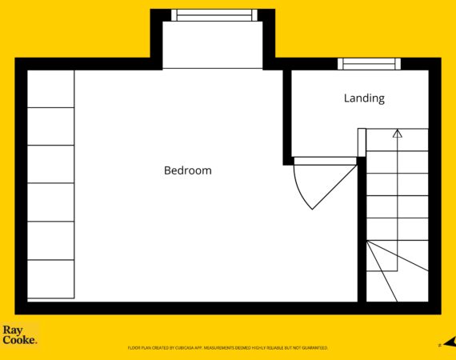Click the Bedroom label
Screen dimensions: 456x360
pyautogui.click(x=188, y=170)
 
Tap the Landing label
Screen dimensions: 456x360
pyautogui.click(x=364, y=98)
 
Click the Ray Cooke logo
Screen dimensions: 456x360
pyautogui.click(x=20, y=335)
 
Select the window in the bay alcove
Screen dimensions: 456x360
pyautogui.click(x=214, y=15)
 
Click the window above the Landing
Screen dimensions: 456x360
pyautogui.click(x=369, y=64)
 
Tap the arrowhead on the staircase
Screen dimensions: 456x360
pyautogui.click(x=398, y=134)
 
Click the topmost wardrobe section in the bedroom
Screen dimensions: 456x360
pyautogui.click(x=50, y=89)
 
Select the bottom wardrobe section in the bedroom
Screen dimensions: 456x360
pyautogui.click(x=50, y=279)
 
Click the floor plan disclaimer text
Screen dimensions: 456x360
pyautogui.click(x=228, y=348)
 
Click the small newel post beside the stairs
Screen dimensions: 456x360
pyautogui.click(x=362, y=142)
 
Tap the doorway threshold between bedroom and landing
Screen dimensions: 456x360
pyautogui.click(x=325, y=161)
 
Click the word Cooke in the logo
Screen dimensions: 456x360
pyautogui.click(x=20, y=340)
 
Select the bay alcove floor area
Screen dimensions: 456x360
pyautogui.click(x=213, y=45)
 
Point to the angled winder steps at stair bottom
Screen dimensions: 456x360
pyautogui.click(x=398, y=271)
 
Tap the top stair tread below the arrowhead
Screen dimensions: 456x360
pyautogui.click(x=398, y=140)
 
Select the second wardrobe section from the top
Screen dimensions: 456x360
pyautogui.click(x=50, y=126)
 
